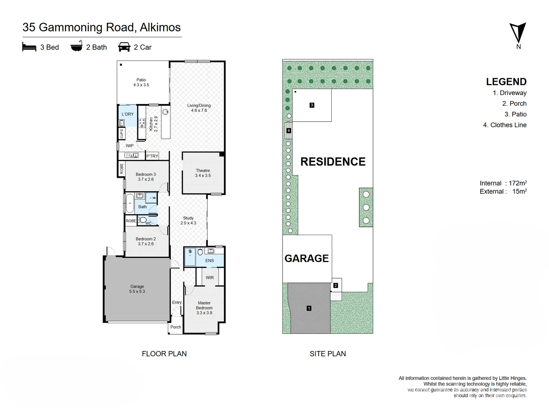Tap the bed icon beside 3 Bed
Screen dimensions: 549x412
[x=29, y=47]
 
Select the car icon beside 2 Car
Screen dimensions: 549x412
[x=124, y=47]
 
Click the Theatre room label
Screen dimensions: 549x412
[x=203, y=173]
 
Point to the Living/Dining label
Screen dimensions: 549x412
[x=199, y=108]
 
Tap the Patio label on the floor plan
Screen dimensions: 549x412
[x=141, y=82]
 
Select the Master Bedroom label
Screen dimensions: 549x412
[x=204, y=308]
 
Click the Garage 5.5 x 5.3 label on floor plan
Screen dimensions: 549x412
[x=137, y=289]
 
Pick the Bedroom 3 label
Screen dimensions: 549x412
[x=146, y=177]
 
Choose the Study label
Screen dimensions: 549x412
[x=188, y=220]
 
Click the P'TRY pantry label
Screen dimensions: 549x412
[x=152, y=156]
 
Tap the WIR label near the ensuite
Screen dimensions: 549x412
[x=210, y=277]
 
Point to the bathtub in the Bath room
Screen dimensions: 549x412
[x=130, y=203]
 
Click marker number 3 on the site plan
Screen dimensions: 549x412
[x=311, y=105]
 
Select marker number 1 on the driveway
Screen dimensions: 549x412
[x=309, y=308]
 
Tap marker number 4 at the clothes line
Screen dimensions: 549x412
[x=289, y=130]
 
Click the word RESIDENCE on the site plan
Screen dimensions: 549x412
[x=333, y=162]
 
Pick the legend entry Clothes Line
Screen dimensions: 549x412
[x=505, y=125]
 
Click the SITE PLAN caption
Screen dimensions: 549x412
[x=327, y=354]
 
